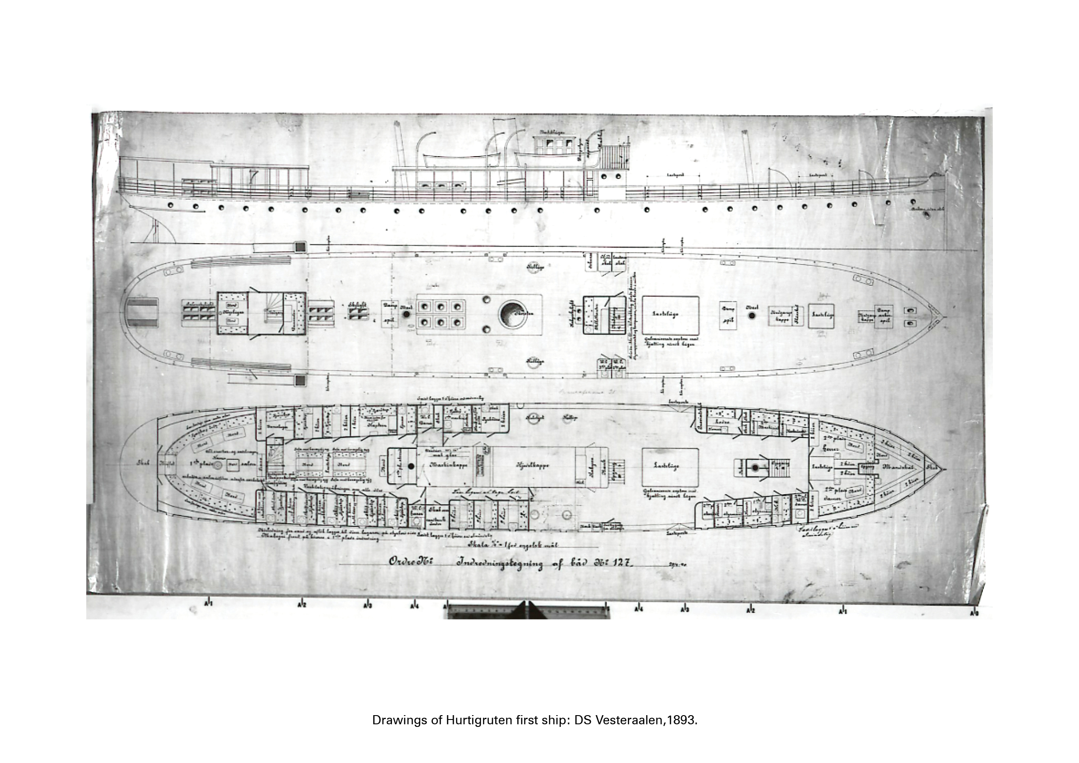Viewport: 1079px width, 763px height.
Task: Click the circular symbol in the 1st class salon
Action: pyautogui.click(x=218, y=465)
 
